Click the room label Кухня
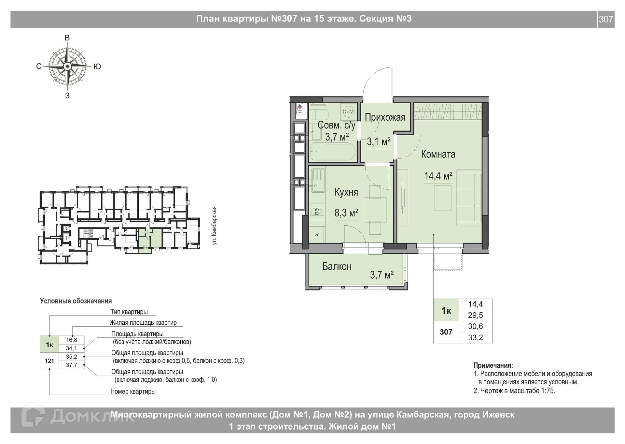346,192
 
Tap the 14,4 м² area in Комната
438,176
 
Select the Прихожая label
385,117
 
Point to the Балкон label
337,267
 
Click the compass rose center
67,67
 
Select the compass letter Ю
97,67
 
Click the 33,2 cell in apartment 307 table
475,337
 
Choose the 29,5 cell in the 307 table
475,315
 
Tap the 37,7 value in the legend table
72,365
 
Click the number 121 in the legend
49,361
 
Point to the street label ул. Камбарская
214,226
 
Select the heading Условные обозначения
76,301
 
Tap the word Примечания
493,365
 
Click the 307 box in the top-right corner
606,19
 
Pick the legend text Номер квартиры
133,391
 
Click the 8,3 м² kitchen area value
346,213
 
